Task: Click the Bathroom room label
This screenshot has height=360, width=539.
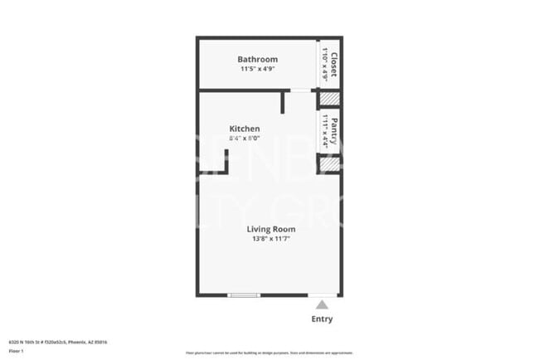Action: [257, 60]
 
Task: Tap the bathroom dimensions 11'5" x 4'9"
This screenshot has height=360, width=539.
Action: [257, 69]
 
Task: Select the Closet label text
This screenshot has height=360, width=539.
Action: [334, 63]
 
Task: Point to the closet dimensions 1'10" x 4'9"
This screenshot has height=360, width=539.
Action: [325, 63]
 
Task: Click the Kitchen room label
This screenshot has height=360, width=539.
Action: [245, 129]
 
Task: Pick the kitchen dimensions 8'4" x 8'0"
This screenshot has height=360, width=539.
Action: [245, 139]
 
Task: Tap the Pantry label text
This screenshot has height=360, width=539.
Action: [333, 130]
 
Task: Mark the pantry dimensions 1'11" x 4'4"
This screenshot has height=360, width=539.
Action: [324, 130]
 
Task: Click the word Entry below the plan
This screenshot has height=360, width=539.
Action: [323, 319]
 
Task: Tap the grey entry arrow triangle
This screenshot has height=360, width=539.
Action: [322, 304]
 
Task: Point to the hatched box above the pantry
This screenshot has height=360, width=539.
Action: [329, 100]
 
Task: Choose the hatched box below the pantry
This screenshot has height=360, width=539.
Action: [329, 164]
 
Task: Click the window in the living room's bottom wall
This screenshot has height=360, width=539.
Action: [244, 295]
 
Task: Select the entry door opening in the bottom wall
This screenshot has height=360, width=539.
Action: [323, 295]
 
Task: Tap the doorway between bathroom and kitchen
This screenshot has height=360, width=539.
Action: [301, 90]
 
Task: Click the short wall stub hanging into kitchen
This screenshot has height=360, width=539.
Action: [283, 102]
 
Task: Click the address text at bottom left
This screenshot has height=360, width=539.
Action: [58, 342]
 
